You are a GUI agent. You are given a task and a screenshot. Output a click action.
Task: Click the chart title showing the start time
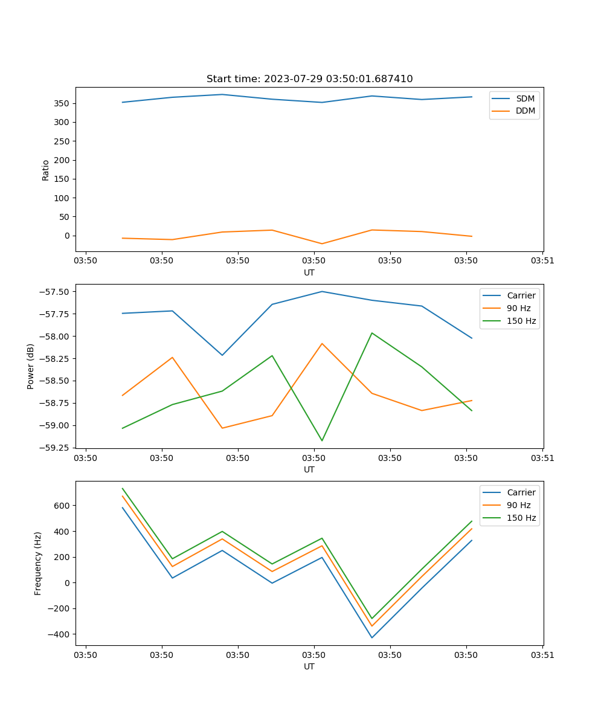pyautogui.click(x=309, y=79)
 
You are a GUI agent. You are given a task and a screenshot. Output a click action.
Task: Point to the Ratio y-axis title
pyautogui.click(x=46, y=169)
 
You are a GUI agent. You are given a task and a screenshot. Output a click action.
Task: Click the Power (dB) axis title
pyautogui.click(x=31, y=366)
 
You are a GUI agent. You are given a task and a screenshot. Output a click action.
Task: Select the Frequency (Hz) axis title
pyautogui.click(x=38, y=563)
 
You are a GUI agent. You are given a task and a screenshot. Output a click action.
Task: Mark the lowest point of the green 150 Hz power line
pyautogui.click(x=322, y=440)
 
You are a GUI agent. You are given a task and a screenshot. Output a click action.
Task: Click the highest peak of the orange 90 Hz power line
pyautogui.click(x=322, y=343)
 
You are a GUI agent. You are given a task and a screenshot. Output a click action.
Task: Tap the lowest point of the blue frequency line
pyautogui.click(x=371, y=637)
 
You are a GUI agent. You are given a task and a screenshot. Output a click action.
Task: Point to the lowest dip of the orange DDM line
pyautogui.click(x=322, y=243)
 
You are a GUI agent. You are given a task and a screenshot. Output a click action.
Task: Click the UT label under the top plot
pyautogui.click(x=309, y=272)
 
